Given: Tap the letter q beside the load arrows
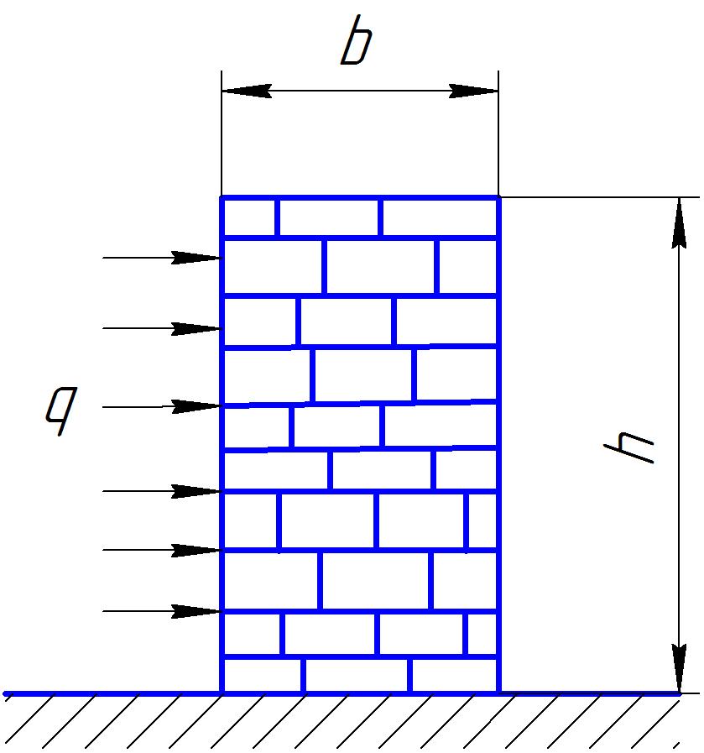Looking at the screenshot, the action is (x=61, y=410).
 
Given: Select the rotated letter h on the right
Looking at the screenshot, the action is (x=629, y=446).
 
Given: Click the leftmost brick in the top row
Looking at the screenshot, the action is (x=249, y=218).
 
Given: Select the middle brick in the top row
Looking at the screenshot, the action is (x=328, y=218).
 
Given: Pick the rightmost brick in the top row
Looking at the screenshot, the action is (x=439, y=218).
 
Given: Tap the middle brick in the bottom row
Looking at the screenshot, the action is (x=356, y=675).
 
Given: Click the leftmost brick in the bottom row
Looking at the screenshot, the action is (x=263, y=675).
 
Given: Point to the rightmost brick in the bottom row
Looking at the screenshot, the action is (x=453, y=675).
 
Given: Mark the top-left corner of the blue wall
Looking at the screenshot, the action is (x=222, y=198).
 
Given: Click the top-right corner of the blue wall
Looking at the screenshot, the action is (x=498, y=198).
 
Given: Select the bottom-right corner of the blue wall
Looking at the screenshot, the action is (x=498, y=693).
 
